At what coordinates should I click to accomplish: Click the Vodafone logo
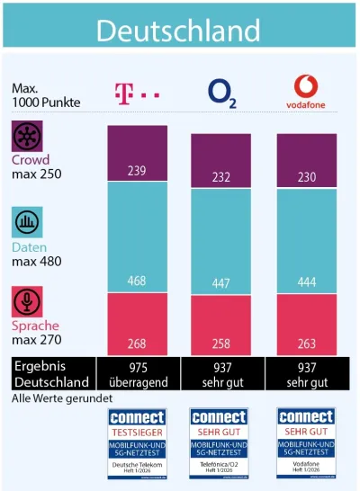click(x=307, y=91)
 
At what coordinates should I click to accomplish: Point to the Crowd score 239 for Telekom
click(x=138, y=171)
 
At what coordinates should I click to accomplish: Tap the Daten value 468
click(x=138, y=281)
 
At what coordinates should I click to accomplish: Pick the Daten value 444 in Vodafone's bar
click(x=307, y=284)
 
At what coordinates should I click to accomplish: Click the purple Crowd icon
click(x=27, y=138)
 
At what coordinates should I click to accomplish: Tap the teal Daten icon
click(x=27, y=222)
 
